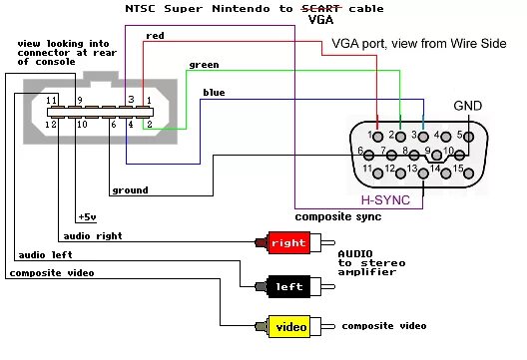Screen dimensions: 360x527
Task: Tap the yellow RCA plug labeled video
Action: coord(289,325)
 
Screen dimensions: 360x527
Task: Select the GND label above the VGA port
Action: coord(467,106)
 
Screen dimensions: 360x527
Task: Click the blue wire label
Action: coord(213,93)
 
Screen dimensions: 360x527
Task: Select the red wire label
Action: coord(155,36)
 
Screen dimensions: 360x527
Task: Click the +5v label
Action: coord(87,216)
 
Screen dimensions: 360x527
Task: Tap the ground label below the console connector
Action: coord(129,189)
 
